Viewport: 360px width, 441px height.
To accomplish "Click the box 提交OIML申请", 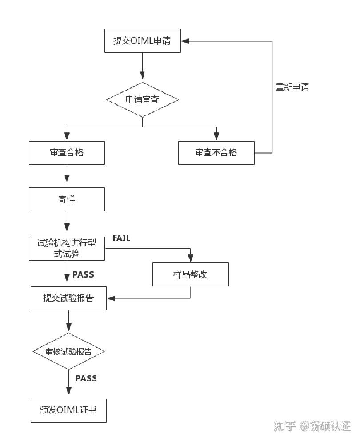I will [x=142, y=41].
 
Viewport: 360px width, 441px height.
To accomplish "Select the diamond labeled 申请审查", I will [x=142, y=100].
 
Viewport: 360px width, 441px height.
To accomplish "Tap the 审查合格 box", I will [x=67, y=153].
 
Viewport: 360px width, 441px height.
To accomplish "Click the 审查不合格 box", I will [x=216, y=153].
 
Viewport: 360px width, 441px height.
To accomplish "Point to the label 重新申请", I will [x=292, y=87].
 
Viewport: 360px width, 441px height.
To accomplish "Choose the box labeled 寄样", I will [x=67, y=199].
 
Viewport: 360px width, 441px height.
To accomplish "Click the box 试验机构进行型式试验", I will [x=67, y=248].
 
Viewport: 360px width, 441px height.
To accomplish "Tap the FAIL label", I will [x=121, y=238].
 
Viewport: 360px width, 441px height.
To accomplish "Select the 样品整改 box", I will [x=190, y=274].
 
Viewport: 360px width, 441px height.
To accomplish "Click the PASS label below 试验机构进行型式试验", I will [x=84, y=274].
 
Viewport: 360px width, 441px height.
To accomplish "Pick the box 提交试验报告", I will [x=68, y=298].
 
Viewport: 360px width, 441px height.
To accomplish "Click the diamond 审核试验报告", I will [x=68, y=351].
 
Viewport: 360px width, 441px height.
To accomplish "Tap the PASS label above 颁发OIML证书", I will [x=86, y=378].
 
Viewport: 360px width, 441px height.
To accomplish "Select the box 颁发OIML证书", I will [x=68, y=410].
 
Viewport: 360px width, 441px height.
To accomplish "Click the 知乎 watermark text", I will [x=284, y=427].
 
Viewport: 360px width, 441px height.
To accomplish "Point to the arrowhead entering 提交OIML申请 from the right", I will [x=185, y=41].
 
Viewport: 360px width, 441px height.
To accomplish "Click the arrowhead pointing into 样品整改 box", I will [x=191, y=258].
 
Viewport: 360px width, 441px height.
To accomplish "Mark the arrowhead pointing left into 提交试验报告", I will [x=111, y=298].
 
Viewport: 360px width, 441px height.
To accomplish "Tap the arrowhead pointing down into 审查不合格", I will [x=216, y=137].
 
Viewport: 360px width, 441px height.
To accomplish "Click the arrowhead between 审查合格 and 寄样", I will [x=67, y=178].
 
